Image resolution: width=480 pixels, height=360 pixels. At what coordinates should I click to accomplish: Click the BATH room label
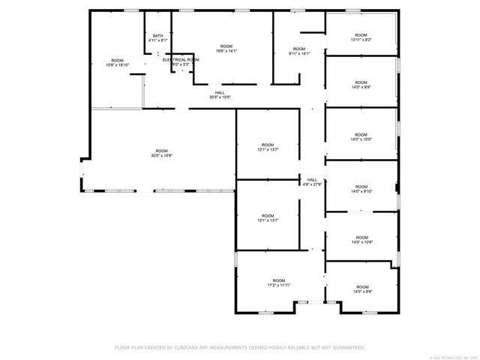[157, 35]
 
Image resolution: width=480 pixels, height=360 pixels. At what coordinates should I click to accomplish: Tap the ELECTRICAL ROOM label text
[181, 59]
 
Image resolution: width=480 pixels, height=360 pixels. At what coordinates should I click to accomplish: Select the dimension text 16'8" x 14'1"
[226, 51]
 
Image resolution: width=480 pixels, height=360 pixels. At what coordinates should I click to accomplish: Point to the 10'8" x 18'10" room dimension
[117, 65]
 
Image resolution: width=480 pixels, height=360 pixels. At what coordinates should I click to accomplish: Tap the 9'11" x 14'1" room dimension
[299, 53]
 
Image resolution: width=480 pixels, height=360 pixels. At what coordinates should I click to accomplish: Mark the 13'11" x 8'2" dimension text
[361, 39]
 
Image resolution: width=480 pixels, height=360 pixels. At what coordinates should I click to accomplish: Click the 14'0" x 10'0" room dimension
[361, 139]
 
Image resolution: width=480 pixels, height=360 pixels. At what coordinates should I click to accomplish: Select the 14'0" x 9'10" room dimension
[361, 191]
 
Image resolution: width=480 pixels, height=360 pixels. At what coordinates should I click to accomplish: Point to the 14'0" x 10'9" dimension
[361, 241]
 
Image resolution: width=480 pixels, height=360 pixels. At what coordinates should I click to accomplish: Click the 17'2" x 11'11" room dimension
[279, 285]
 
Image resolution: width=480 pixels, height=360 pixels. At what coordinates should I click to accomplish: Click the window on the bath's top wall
[158, 10]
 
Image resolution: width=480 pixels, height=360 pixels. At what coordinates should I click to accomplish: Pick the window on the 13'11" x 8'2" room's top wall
[352, 10]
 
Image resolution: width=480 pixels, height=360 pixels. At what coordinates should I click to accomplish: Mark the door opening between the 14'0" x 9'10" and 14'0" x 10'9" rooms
[361, 211]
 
